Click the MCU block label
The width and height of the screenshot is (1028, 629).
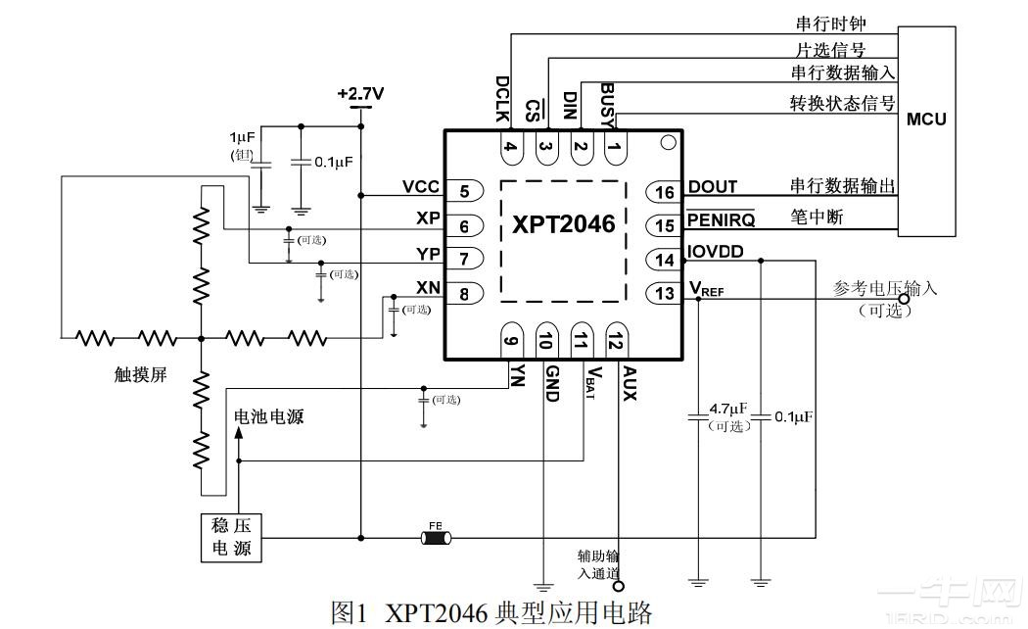coord(925,120)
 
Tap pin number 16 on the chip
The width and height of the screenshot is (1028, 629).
coord(666,193)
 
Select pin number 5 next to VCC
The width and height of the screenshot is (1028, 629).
coord(464,192)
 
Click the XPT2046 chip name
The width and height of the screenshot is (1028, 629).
coord(564,224)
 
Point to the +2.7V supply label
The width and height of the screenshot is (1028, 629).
coord(360,94)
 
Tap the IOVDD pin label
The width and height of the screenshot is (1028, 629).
coord(715,252)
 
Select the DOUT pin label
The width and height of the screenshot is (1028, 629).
coord(713,186)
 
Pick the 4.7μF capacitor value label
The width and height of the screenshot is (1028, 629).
coord(727,408)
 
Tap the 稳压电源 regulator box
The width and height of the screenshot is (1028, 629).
coord(231,536)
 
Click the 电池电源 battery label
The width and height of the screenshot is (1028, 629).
coord(268,416)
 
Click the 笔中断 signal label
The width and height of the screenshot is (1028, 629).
coord(817,216)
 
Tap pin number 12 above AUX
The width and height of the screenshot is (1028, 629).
coord(616,342)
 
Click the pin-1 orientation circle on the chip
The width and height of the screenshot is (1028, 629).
coord(668,143)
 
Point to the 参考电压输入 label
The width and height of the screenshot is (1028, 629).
coord(884,289)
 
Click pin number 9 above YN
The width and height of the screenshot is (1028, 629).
coord(510,342)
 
